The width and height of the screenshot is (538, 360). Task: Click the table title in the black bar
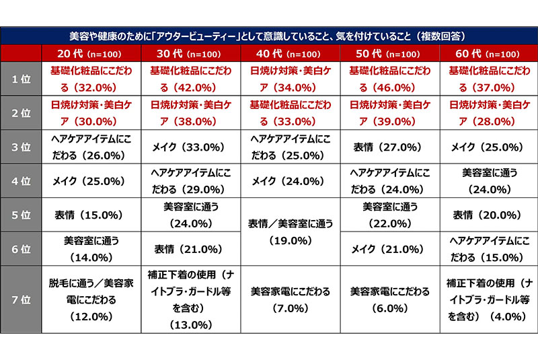click(269, 36)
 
